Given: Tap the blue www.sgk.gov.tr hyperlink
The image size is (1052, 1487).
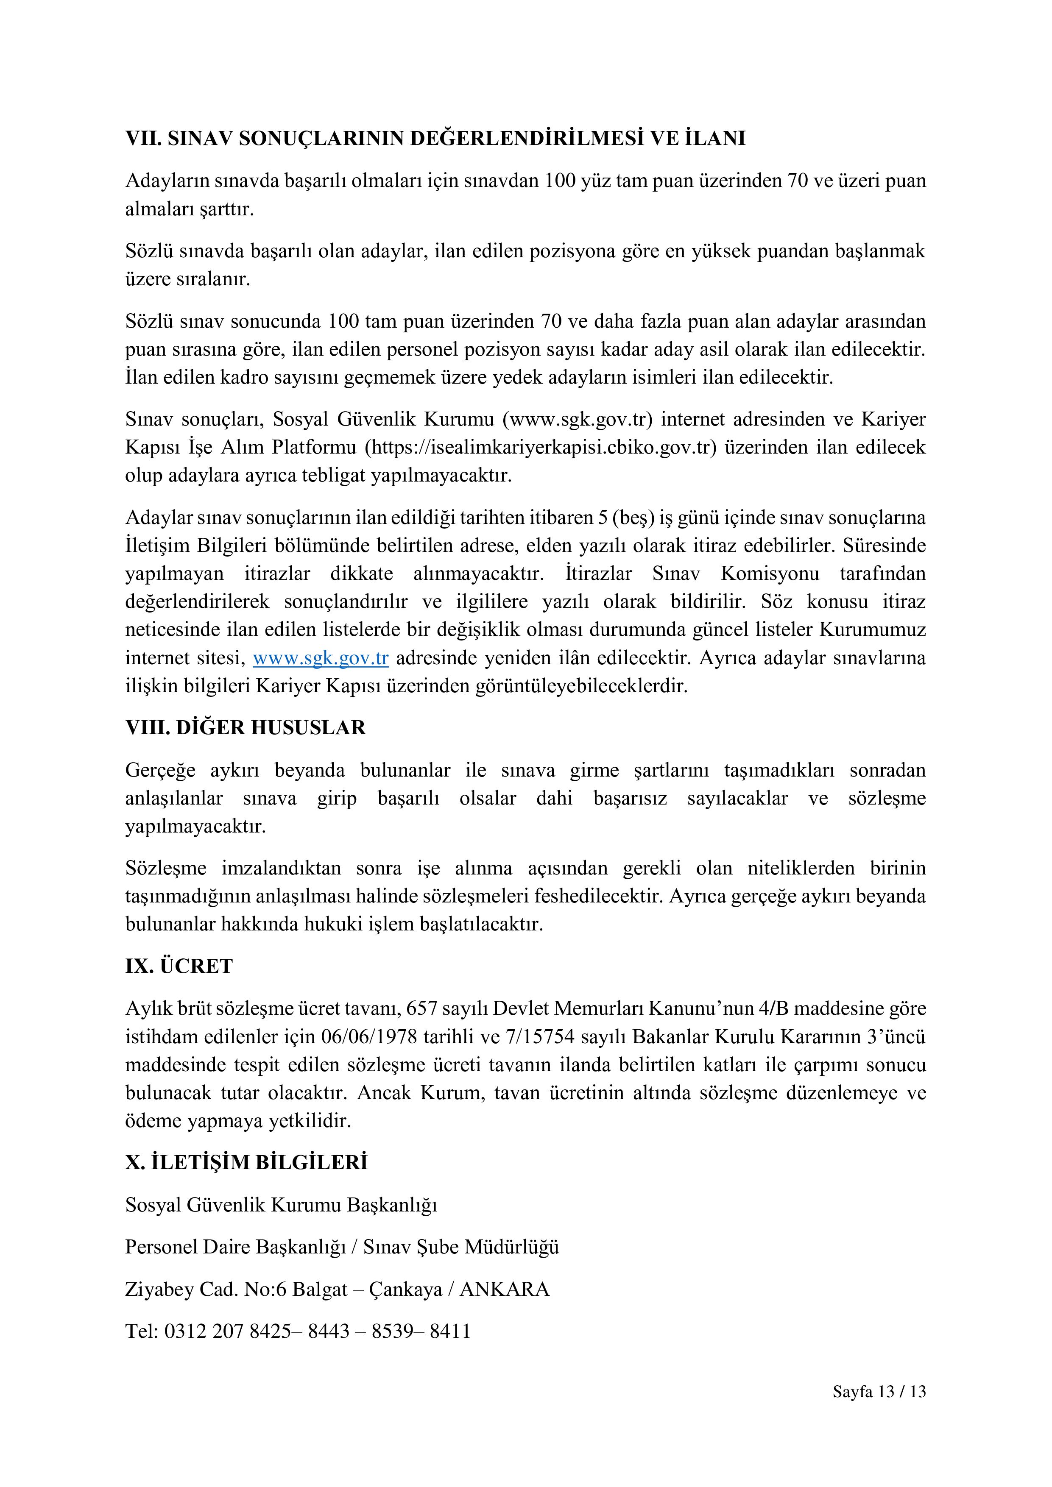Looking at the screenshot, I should coord(321,658).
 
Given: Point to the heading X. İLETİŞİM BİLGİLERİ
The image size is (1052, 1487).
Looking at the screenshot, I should coord(246,1163).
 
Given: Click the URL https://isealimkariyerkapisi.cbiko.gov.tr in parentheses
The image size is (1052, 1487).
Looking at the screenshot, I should coord(541,448).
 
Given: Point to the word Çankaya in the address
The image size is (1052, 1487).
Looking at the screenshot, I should coord(405,1289).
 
